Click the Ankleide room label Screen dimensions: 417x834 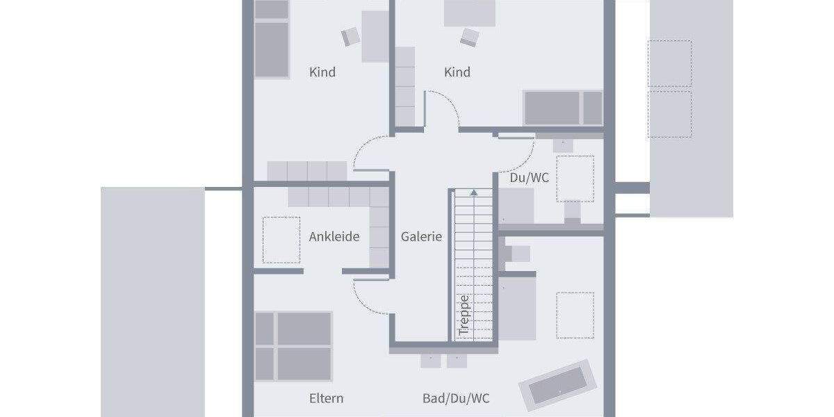pyautogui.click(x=334, y=237)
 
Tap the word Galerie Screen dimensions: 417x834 pyautogui.click(x=421, y=237)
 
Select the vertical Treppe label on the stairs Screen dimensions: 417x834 pyautogui.click(x=465, y=315)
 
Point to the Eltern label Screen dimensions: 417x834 pyautogui.click(x=326, y=399)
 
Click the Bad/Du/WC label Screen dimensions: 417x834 pyautogui.click(x=456, y=399)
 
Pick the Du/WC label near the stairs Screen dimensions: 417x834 pyautogui.click(x=529, y=178)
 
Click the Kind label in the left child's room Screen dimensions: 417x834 pyautogui.click(x=322, y=72)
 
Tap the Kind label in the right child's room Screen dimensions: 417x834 pyautogui.click(x=457, y=72)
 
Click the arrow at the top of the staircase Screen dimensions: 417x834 pyautogui.click(x=474, y=193)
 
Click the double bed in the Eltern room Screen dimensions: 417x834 pyautogui.click(x=293, y=346)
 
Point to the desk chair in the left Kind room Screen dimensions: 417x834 pyautogui.click(x=350, y=36)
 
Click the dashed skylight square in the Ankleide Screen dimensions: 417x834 pyautogui.click(x=281, y=240)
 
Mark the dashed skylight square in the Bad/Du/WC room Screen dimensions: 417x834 pyautogui.click(x=575, y=315)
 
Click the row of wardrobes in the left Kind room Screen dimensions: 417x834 pyautogui.click(x=307, y=171)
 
